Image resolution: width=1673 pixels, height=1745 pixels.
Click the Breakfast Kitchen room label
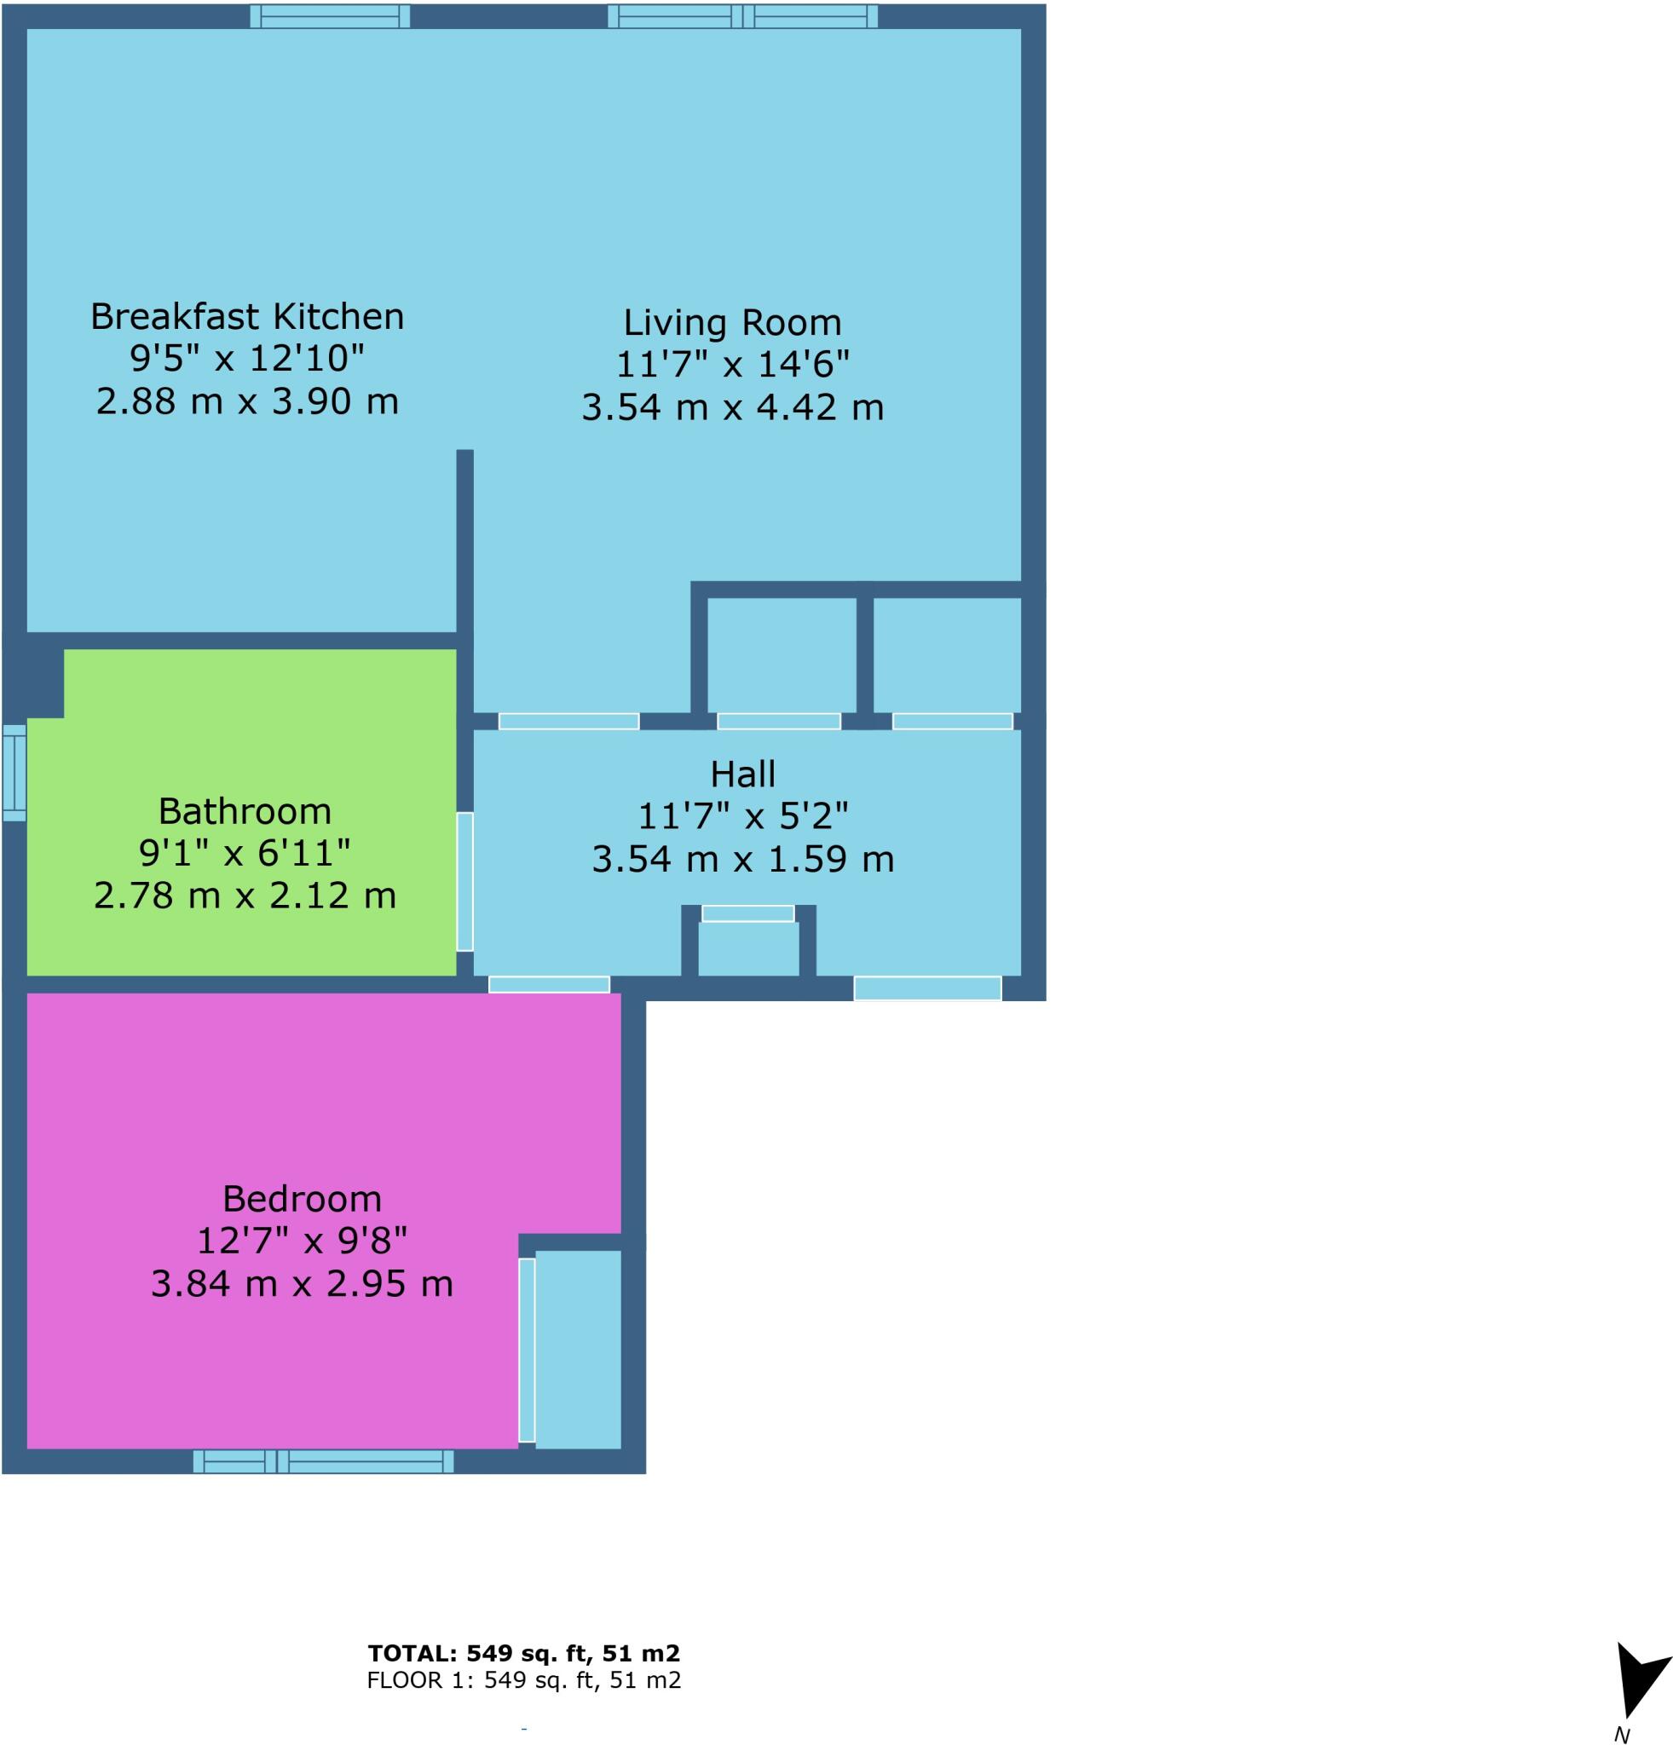point(246,317)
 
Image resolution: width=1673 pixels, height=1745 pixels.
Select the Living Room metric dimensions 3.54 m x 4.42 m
point(732,408)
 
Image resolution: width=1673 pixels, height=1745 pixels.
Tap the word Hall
point(741,775)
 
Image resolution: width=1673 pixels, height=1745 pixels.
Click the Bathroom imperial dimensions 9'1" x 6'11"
point(244,853)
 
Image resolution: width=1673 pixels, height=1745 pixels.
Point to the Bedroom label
point(301,1198)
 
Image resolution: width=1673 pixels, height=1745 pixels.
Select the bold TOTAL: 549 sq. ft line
point(523,1653)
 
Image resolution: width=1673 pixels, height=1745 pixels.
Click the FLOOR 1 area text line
point(523,1680)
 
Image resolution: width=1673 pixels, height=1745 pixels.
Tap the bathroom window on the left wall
point(14,772)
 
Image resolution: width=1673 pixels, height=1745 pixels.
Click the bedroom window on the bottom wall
point(322,1461)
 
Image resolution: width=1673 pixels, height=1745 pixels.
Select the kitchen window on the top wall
point(330,16)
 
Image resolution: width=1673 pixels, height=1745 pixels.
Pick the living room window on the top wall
point(741,16)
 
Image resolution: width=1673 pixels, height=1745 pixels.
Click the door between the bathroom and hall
point(464,881)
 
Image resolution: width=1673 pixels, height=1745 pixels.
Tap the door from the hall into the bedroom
point(549,984)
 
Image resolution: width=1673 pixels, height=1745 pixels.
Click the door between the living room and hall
point(568,721)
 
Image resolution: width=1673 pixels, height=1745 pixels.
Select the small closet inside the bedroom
point(577,1348)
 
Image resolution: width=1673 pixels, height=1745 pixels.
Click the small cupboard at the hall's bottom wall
point(747,947)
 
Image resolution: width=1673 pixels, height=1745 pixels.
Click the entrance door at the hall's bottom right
point(927,988)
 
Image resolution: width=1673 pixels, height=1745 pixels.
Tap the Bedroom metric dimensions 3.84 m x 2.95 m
point(301,1284)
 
